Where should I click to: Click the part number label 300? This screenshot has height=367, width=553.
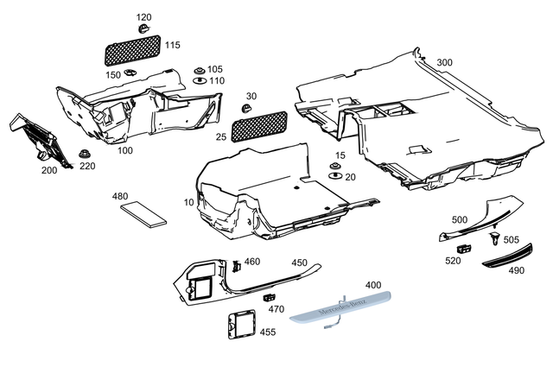point(444,63)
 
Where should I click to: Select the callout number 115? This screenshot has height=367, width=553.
point(173,45)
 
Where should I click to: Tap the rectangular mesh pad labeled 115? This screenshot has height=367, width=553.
point(131,49)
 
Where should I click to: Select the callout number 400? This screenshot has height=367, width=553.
point(372,284)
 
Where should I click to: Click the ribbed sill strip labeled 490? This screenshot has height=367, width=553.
point(506,257)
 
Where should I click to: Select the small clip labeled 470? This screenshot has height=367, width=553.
point(269,298)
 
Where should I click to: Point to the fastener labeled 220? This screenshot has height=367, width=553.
point(86,155)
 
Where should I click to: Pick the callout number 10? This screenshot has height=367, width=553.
point(189,202)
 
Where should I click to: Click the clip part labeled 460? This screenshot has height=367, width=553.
point(234,265)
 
